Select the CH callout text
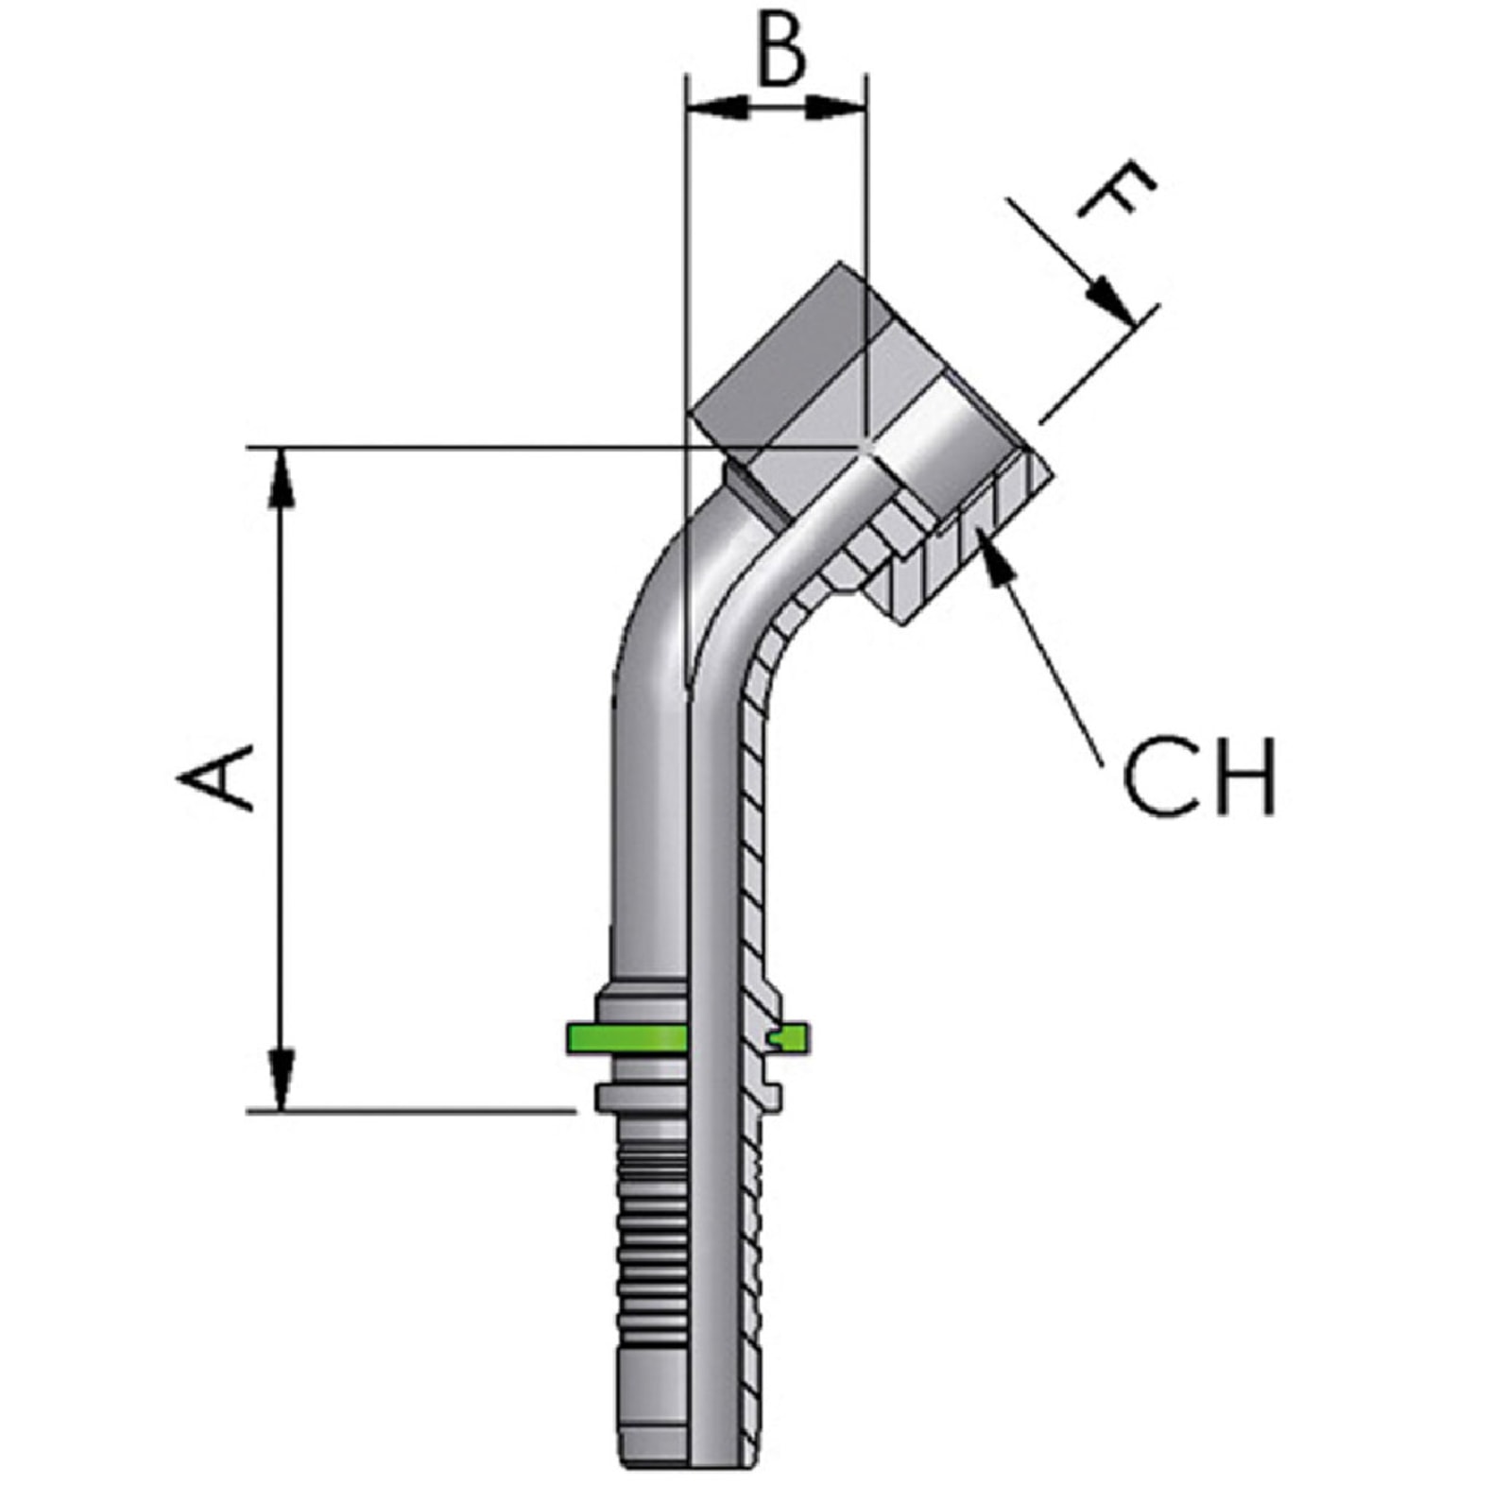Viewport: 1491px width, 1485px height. (1199, 777)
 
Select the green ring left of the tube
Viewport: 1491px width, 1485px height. (625, 1037)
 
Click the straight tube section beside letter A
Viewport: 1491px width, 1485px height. (652, 803)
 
